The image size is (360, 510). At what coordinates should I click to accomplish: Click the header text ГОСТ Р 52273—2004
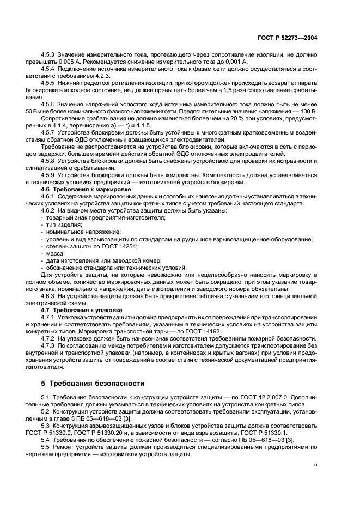(288, 39)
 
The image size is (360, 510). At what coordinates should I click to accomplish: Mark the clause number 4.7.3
(50, 348)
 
